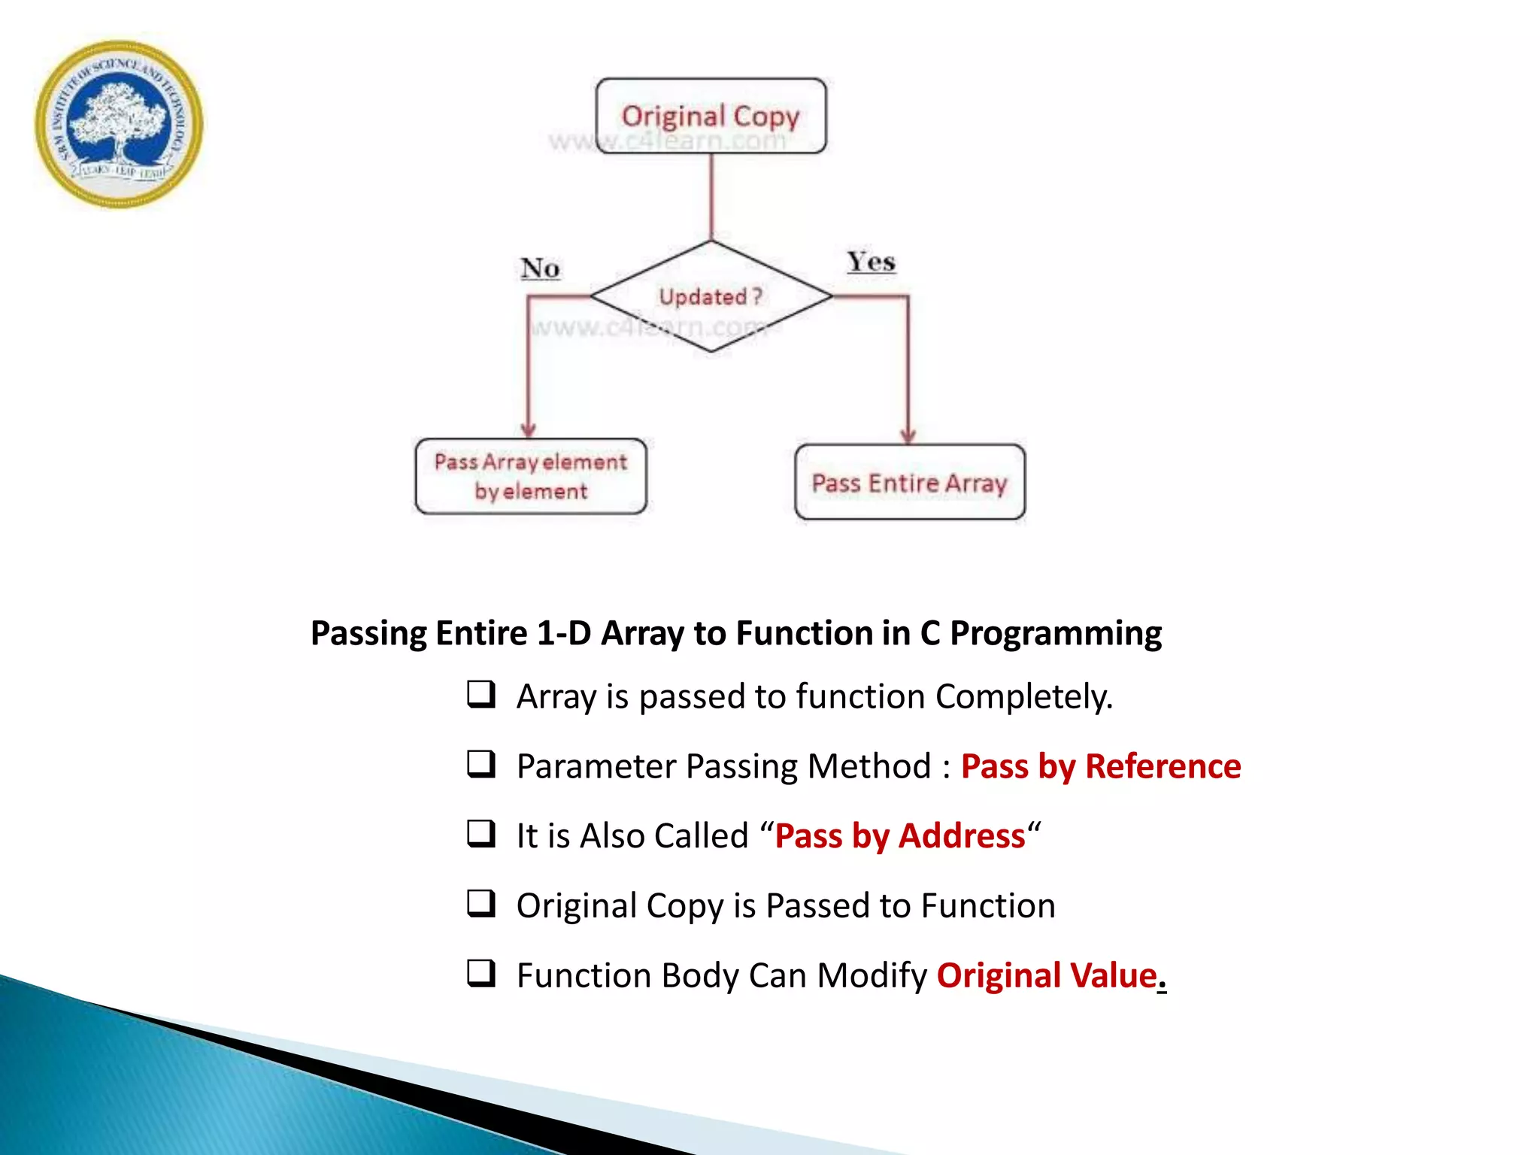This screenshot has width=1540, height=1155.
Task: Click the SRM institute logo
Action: point(119,124)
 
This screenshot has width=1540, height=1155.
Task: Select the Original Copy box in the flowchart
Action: point(711,116)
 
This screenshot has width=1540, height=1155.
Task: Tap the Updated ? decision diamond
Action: point(711,296)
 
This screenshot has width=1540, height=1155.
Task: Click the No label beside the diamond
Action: point(540,268)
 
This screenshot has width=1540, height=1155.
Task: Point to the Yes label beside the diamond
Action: point(871,262)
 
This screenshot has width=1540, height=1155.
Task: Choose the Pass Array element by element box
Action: point(530,476)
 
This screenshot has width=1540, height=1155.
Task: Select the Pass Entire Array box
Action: point(909,482)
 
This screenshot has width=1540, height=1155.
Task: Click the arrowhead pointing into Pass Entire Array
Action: point(908,436)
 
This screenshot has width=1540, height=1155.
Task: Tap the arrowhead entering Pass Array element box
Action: point(529,429)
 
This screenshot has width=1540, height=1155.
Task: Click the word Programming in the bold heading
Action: point(1055,633)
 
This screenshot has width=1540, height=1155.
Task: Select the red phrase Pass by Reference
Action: point(1100,766)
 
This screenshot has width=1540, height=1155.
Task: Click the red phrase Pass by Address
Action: point(899,836)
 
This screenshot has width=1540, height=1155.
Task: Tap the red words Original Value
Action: point(1046,975)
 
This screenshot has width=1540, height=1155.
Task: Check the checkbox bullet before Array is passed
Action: point(481,694)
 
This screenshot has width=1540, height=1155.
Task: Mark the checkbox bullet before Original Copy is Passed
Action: point(481,903)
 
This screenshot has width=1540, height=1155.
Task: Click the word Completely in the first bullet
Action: point(1023,696)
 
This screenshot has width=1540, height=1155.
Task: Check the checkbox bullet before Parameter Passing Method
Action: point(481,764)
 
